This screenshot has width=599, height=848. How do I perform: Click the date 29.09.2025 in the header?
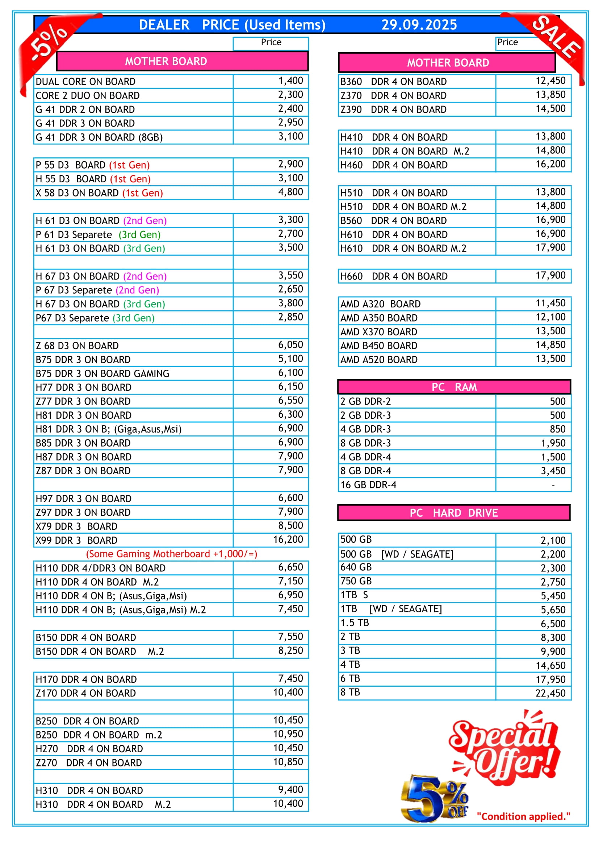[x=419, y=25]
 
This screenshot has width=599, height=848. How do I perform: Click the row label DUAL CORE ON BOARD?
[x=85, y=82]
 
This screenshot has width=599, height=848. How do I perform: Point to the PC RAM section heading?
[x=454, y=387]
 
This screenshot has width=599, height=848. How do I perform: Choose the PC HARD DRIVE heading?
[x=454, y=513]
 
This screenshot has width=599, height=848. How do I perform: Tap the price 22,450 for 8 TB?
[x=550, y=693]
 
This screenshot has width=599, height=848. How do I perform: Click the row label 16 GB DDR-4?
[x=368, y=485]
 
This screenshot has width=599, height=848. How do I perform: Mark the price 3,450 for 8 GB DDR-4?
[x=553, y=471]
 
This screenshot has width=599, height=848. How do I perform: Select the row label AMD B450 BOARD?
[x=379, y=346]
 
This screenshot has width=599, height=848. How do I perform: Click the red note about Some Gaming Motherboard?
[x=172, y=554]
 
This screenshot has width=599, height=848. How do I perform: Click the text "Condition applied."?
[x=523, y=816]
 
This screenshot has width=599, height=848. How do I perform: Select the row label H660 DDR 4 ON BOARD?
[x=394, y=276]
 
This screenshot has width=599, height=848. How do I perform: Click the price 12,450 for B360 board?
[x=550, y=81]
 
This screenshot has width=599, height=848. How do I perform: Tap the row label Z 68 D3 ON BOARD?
[x=77, y=346]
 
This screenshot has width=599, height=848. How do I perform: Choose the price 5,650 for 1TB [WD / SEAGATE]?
[x=553, y=610]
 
